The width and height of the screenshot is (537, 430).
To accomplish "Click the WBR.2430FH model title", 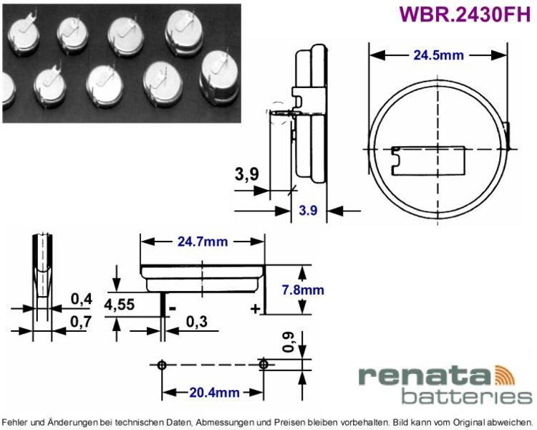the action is (x=465, y=15).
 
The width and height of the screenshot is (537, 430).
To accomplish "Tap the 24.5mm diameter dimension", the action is (x=438, y=55).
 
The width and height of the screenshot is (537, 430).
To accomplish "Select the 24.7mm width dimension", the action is (x=203, y=242).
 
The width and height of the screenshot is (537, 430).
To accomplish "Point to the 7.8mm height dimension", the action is (x=303, y=290).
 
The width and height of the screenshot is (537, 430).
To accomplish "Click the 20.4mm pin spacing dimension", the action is (x=214, y=392).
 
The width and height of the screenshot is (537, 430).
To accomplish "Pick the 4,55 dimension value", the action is (x=120, y=305).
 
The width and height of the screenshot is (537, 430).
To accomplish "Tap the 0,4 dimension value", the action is (x=82, y=300).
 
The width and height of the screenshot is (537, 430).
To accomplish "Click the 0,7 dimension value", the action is (x=82, y=322).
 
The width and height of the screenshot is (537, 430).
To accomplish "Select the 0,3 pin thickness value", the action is (x=197, y=322).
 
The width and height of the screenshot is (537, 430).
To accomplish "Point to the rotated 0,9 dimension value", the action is (x=289, y=343).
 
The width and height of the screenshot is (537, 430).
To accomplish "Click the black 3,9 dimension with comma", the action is (x=247, y=174).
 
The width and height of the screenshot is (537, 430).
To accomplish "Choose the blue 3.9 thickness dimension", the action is (x=308, y=210).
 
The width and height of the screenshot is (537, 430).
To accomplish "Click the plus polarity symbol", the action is (x=255, y=309).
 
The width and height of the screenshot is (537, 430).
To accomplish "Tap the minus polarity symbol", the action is (x=173, y=309).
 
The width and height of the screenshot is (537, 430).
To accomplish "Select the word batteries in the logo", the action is (x=466, y=396).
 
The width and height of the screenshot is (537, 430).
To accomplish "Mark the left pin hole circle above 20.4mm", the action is (x=162, y=365).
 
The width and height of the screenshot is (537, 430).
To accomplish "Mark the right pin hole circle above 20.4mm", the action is (x=263, y=364).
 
